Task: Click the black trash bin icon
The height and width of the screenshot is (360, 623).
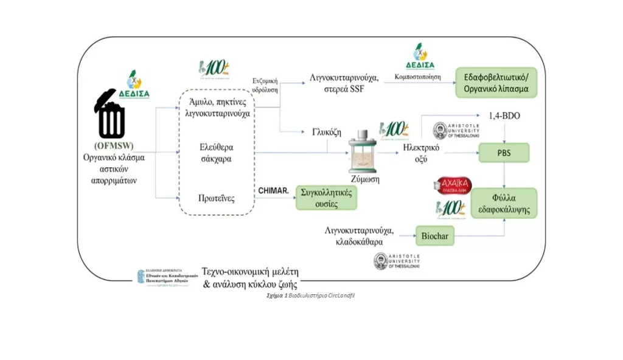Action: point(110,115)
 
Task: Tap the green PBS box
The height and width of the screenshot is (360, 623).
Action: point(504,154)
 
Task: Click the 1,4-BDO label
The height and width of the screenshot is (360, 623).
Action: point(504,115)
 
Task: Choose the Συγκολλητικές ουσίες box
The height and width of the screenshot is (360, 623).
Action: point(326,198)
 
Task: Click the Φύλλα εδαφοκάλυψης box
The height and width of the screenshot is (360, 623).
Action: point(504,203)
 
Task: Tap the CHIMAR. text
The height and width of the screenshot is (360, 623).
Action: point(273,190)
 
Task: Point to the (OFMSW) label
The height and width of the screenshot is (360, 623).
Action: point(114,147)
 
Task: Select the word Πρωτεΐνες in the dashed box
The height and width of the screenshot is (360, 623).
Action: point(217,199)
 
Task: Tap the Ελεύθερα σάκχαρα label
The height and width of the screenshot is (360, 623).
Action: point(217,154)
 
